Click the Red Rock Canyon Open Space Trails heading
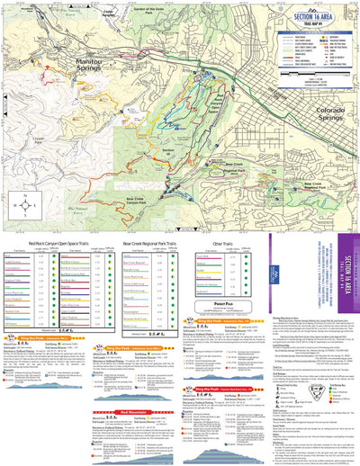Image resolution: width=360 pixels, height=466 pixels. click(58, 243)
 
